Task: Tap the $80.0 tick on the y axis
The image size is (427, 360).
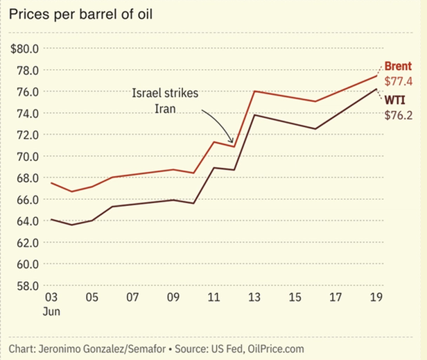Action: coord(24,49)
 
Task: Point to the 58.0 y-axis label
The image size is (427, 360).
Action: coord(27,285)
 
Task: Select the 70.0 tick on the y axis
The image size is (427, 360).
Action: coord(27,156)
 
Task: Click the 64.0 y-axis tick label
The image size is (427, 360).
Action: coord(27,221)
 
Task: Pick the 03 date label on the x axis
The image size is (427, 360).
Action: coord(52,297)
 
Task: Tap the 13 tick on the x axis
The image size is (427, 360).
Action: coord(255,297)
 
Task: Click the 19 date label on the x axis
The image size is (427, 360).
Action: coord(376,297)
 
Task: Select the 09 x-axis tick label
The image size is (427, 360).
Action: coord(174,297)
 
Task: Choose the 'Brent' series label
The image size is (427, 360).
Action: coord(399,67)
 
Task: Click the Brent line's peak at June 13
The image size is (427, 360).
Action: coord(255,91)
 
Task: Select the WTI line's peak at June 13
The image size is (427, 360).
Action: coord(255,114)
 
